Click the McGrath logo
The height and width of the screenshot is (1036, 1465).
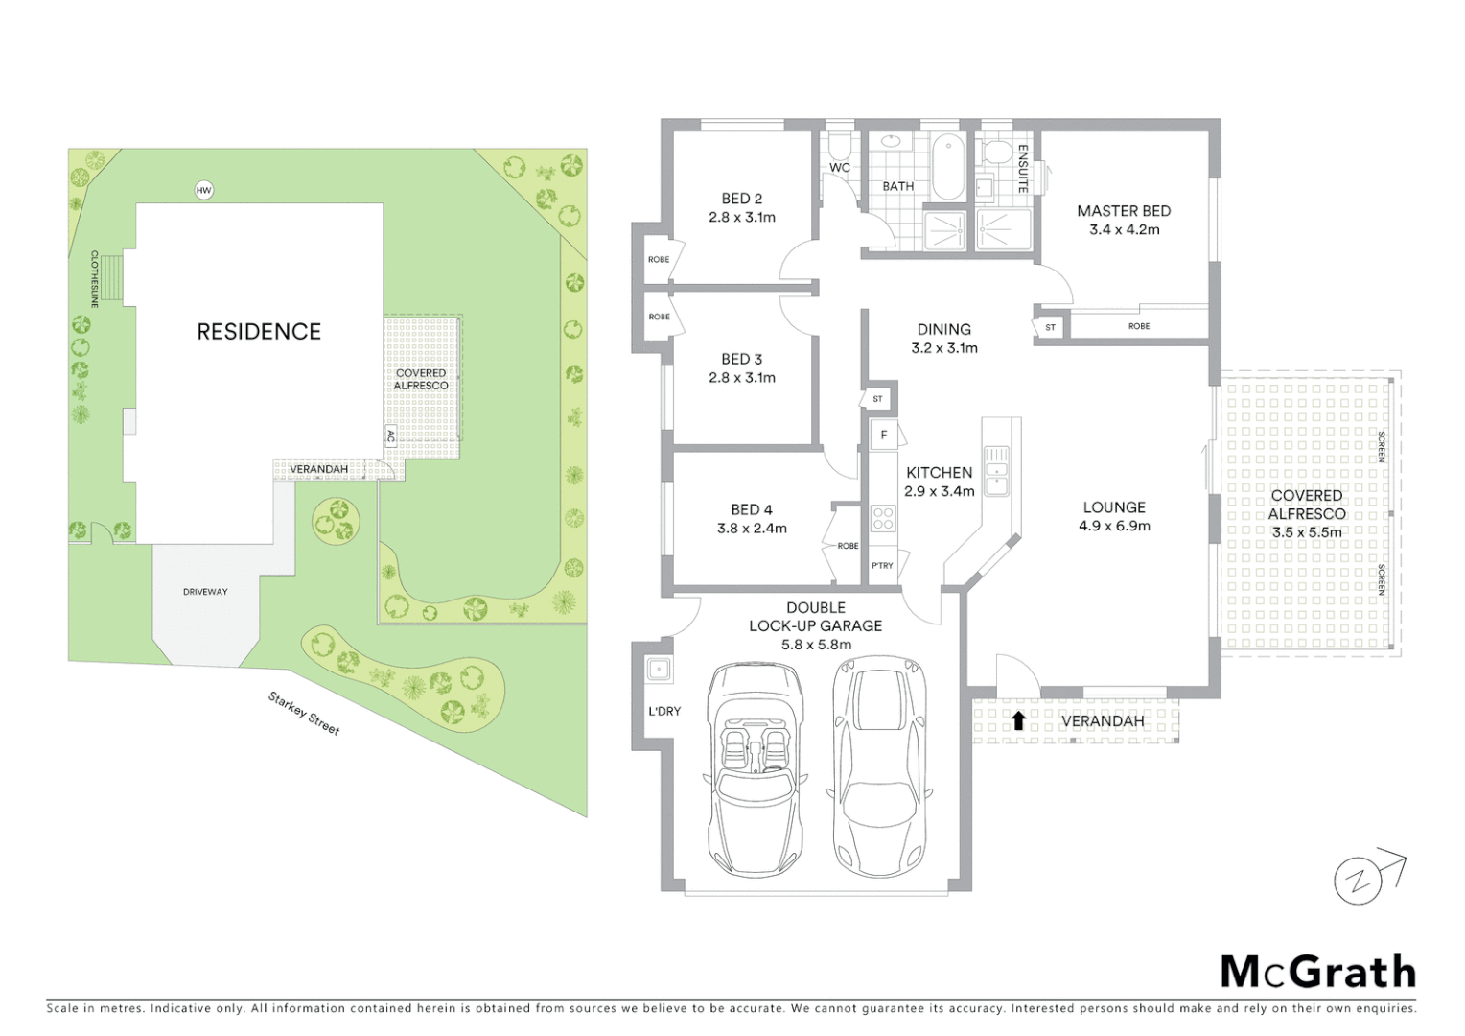[1317, 972]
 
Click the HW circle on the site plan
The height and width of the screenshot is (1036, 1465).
[203, 190]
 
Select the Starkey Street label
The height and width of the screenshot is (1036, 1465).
[304, 714]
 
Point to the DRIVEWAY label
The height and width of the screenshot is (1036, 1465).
[205, 592]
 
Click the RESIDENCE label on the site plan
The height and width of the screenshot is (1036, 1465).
[259, 332]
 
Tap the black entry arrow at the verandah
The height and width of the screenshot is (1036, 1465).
[1018, 720]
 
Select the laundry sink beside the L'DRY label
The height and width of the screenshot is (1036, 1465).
[658, 669]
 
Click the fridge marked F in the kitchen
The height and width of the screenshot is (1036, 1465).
[883, 436]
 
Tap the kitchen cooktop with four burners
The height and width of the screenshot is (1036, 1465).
[883, 519]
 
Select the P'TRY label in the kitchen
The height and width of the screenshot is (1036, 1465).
[882, 566]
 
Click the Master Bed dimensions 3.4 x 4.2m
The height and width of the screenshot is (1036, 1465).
[1124, 230]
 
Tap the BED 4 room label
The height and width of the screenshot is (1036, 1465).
[751, 509]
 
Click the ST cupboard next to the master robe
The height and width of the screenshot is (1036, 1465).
[1050, 327]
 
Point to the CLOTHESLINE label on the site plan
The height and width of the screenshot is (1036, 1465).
[95, 278]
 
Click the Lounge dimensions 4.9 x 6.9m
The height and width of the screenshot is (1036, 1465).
[1114, 526]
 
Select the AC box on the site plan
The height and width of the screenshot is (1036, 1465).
[390, 436]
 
